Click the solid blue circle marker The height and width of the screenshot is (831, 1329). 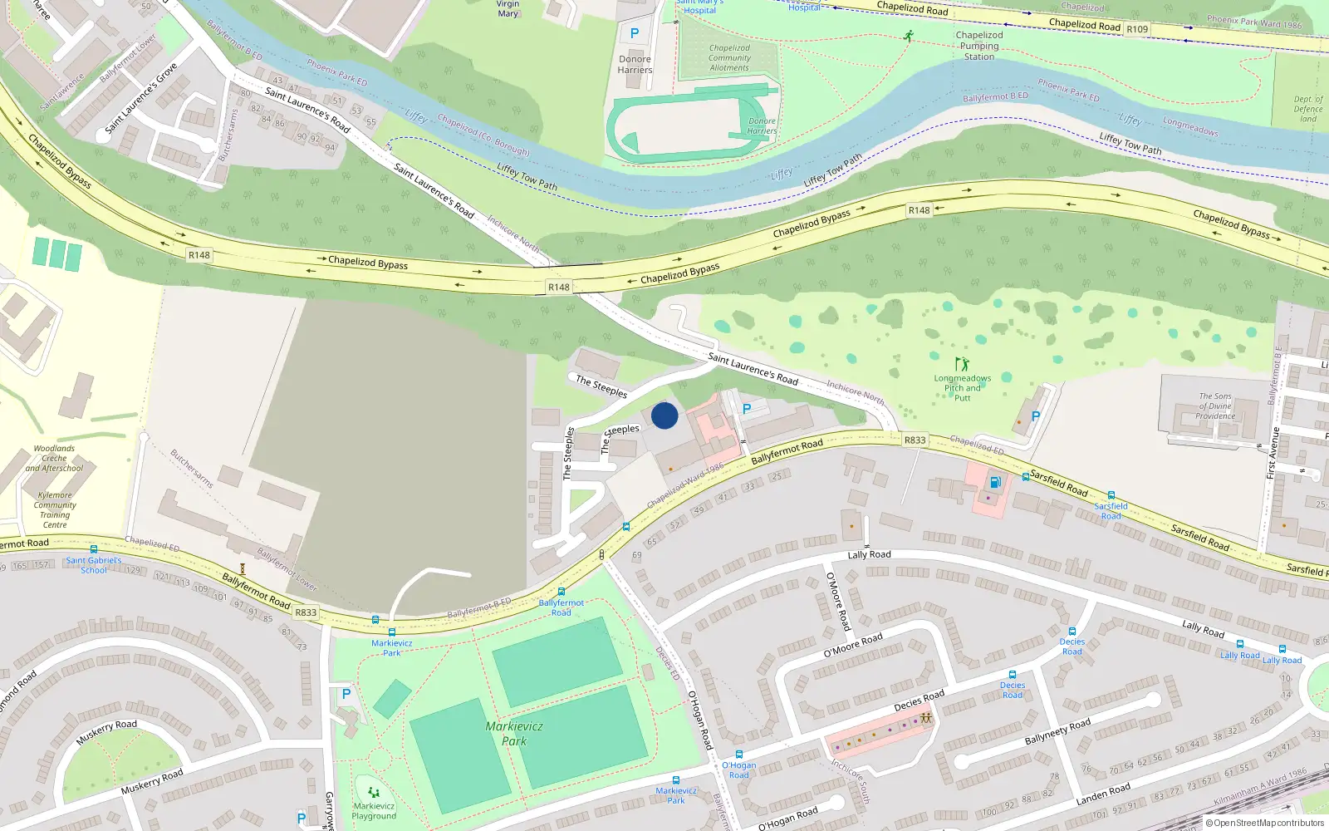pyautogui.click(x=664, y=415)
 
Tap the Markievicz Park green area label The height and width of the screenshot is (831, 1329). pyautogui.click(x=514, y=733)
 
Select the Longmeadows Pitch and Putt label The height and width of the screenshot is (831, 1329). pyautogui.click(x=962, y=388)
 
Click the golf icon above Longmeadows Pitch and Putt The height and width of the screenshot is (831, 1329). pyautogui.click(x=962, y=364)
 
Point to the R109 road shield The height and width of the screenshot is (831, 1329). pyautogui.click(x=1137, y=29)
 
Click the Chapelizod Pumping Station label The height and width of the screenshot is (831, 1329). pyautogui.click(x=979, y=46)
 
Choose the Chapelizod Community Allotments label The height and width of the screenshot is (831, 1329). pyautogui.click(x=729, y=57)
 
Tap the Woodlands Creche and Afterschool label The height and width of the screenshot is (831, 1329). pyautogui.click(x=54, y=458)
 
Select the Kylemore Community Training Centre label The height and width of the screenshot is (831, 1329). pyautogui.click(x=55, y=509)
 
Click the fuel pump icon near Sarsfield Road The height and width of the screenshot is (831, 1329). pyautogui.click(x=995, y=482)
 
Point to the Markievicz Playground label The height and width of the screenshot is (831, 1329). pyautogui.click(x=374, y=810)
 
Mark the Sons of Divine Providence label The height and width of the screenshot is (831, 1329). pyautogui.click(x=1215, y=406)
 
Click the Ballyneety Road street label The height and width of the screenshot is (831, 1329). pyautogui.click(x=1057, y=732)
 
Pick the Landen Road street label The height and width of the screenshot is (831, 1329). pyautogui.click(x=1103, y=794)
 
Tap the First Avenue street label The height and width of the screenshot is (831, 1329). pyautogui.click(x=1271, y=453)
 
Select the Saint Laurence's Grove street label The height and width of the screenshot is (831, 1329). pyautogui.click(x=141, y=98)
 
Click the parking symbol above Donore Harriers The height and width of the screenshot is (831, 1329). pyautogui.click(x=635, y=33)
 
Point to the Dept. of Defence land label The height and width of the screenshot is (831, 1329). pyautogui.click(x=1308, y=109)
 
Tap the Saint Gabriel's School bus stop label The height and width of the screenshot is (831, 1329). pyautogui.click(x=93, y=565)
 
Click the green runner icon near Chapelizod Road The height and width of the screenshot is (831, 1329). pyautogui.click(x=910, y=36)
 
